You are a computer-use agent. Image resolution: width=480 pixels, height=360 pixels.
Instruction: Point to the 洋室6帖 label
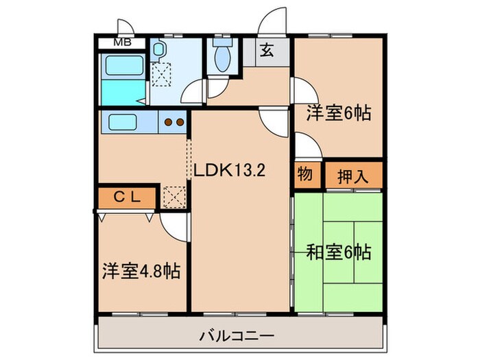[x=338, y=112]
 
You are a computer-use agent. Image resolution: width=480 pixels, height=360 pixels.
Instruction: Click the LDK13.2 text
[x=228, y=170]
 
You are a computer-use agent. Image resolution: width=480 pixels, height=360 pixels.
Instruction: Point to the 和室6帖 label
[x=338, y=252]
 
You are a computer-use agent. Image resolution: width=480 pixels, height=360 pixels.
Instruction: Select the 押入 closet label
[x=352, y=176]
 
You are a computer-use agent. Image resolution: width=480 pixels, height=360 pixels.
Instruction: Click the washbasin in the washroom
[x=158, y=49]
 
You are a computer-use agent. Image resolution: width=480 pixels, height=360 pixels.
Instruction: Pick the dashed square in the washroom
[x=163, y=73]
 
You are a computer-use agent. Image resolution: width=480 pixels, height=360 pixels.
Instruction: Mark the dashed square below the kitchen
[x=175, y=197]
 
